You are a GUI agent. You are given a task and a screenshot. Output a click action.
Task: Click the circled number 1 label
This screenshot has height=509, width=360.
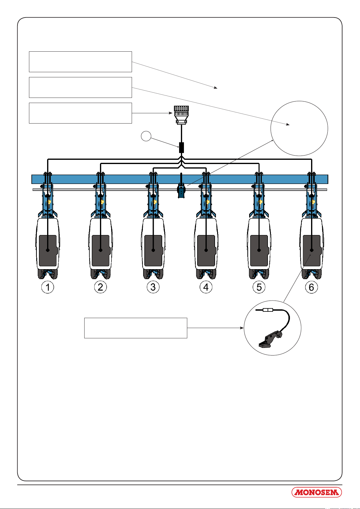pyautogui.click(x=48, y=287)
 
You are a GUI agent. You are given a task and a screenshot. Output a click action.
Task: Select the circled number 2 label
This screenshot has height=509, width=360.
pyautogui.click(x=100, y=287)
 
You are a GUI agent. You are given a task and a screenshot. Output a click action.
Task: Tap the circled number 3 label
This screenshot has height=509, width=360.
pyautogui.click(x=153, y=287)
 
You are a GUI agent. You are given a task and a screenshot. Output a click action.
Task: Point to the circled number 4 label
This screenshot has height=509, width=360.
pyautogui.click(x=206, y=287)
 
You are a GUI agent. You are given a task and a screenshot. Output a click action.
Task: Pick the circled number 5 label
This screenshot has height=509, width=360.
pyautogui.click(x=259, y=287)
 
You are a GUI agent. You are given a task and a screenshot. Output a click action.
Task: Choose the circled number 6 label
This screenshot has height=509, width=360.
pyautogui.click(x=312, y=287)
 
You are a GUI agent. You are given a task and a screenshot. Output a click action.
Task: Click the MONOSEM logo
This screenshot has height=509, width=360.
pyautogui.click(x=317, y=492)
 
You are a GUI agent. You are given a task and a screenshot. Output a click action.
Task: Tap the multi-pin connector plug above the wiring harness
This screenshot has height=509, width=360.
pyautogui.click(x=181, y=115)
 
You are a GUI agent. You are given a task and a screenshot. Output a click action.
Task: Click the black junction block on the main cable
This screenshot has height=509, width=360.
pyautogui.click(x=182, y=147)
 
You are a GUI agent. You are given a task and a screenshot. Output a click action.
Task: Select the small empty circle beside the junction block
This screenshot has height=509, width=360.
pyautogui.click(x=146, y=136)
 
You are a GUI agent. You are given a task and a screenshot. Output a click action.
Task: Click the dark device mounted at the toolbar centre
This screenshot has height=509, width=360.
pyautogui.click(x=181, y=191)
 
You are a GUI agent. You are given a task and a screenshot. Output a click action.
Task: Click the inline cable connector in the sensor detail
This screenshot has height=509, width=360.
pyautogui.click(x=268, y=310)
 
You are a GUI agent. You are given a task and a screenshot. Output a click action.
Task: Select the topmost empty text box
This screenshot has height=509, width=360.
pyautogui.click(x=80, y=62)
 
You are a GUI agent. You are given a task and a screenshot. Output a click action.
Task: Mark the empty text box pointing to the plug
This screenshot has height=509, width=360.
pyautogui.click(x=80, y=113)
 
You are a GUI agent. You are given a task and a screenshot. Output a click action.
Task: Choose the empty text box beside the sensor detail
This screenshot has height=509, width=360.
pyautogui.click(x=136, y=328)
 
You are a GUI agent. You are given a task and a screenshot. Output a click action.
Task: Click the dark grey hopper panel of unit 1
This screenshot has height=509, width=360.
pyautogui.click(x=48, y=250)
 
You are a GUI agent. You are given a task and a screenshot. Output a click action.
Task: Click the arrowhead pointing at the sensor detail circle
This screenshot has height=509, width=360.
pyautogui.click(x=242, y=328)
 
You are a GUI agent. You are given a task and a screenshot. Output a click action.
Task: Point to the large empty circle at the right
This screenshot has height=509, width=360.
pyautogui.click(x=271, y=128)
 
